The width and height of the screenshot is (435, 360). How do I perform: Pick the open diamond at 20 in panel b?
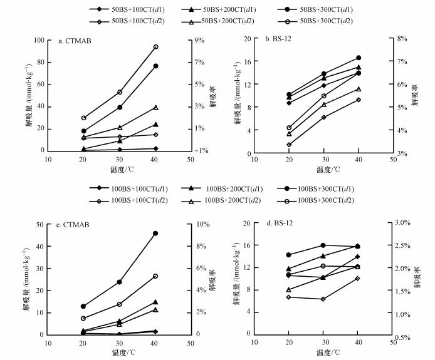[289, 145]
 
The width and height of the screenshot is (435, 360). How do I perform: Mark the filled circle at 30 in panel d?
[323, 245]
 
